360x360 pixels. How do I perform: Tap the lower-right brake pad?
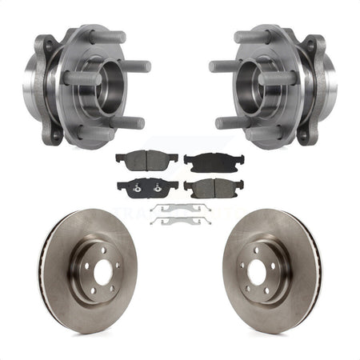(214, 189)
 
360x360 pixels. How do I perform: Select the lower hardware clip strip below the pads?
(179, 220)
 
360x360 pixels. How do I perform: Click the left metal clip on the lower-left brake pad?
(135, 190)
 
